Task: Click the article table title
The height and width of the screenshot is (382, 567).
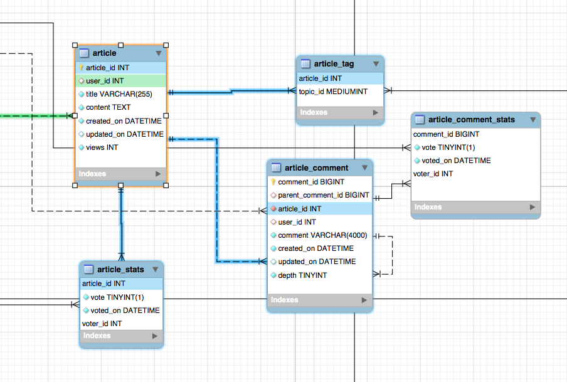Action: pyautogui.click(x=105, y=53)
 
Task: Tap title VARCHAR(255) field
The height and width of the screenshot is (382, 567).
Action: pyautogui.click(x=119, y=94)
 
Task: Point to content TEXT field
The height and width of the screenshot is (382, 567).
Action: pyautogui.click(x=108, y=107)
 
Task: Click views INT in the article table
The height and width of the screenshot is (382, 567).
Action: pyautogui.click(x=102, y=147)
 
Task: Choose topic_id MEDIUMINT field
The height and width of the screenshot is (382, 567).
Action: pyautogui.click(x=333, y=92)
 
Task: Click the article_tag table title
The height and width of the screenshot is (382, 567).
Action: pyautogui.click(x=334, y=64)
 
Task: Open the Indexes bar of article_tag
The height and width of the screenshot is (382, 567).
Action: pyautogui.click(x=339, y=112)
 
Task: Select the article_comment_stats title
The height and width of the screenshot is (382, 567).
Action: pyautogui.click(x=472, y=120)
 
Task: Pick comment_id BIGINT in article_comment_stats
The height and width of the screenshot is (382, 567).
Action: pyautogui.click(x=446, y=135)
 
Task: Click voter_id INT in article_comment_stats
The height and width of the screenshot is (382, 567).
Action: pyautogui.click(x=433, y=174)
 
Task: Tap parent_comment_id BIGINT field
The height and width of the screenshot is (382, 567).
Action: pyautogui.click(x=324, y=195)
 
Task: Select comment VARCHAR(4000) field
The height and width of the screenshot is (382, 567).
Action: pyautogui.click(x=322, y=235)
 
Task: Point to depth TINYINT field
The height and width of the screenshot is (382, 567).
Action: pyautogui.click(x=302, y=275)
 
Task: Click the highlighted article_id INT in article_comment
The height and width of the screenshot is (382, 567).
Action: pyautogui.click(x=299, y=209)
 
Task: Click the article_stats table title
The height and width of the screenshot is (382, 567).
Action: pyautogui.click(x=120, y=270)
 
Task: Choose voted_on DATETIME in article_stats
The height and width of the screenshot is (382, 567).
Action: pyautogui.click(x=125, y=310)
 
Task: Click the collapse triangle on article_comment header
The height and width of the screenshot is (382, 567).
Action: pyautogui.click(x=365, y=168)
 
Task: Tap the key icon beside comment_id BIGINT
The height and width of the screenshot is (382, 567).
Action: pyautogui.click(x=273, y=182)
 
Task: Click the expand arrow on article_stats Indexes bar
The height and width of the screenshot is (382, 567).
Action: pyautogui.click(x=155, y=336)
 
